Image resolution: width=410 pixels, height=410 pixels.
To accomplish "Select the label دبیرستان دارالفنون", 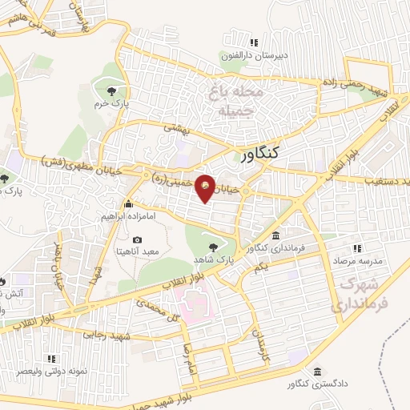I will tap(254, 57).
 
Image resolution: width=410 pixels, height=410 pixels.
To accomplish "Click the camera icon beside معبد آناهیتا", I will tap(137, 239).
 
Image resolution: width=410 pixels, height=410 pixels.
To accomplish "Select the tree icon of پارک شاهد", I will tap(212, 247).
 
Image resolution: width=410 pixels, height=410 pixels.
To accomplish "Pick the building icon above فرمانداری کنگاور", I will tap(275, 235).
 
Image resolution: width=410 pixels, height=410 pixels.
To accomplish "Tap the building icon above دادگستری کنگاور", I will tap(319, 372).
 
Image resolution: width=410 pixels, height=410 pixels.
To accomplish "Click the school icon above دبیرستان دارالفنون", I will tap(254, 42).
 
